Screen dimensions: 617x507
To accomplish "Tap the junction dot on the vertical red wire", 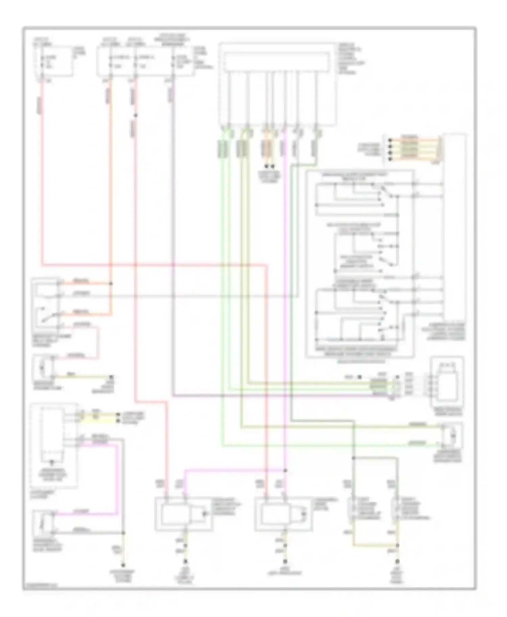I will (x=136, y=115).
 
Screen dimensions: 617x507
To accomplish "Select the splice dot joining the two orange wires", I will (x=111, y=283).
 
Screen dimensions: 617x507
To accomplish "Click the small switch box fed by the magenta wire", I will (x=44, y=523).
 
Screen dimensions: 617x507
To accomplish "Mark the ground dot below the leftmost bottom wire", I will (x=123, y=565).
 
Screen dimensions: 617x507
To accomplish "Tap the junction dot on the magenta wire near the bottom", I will (x=285, y=470).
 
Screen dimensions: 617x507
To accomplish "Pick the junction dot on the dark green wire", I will (x=353, y=458).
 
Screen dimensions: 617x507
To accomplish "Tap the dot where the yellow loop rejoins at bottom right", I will (x=398, y=545).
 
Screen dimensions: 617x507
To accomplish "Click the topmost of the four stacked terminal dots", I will (x=390, y=140).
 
